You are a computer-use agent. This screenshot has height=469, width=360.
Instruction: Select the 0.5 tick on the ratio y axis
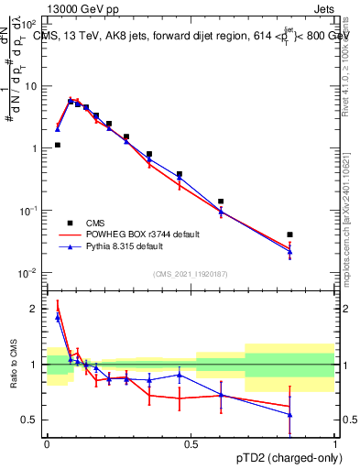33,420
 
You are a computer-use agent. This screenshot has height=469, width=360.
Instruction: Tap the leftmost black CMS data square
58,145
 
